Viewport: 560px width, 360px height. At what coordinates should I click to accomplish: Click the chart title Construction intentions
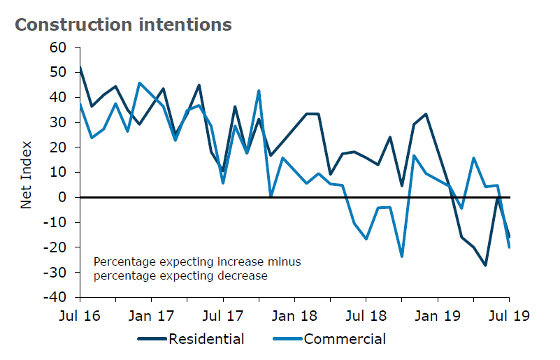[x=123, y=25]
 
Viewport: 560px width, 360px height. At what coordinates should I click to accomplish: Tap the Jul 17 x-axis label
[x=224, y=316]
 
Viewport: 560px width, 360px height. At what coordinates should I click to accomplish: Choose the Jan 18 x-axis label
[x=295, y=316]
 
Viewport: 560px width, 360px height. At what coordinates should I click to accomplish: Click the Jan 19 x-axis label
[x=438, y=316]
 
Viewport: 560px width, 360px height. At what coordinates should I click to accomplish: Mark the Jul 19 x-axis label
[x=509, y=316]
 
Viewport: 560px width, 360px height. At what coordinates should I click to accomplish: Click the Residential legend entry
[x=206, y=340]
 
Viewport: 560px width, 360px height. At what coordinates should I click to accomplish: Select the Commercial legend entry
[x=344, y=340]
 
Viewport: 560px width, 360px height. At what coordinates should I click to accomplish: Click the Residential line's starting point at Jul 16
[x=80, y=67]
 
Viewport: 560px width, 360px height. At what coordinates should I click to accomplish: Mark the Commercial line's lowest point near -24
[x=402, y=257]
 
